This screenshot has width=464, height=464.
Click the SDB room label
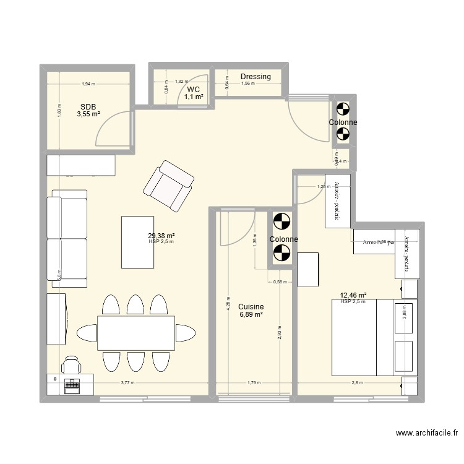[x=88, y=106]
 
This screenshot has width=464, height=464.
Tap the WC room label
[x=194, y=90]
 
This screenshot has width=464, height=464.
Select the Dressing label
[x=256, y=77]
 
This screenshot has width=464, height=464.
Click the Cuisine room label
[x=251, y=306]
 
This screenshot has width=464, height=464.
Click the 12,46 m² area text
[x=353, y=296]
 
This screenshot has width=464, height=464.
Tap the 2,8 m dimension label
[x=358, y=382]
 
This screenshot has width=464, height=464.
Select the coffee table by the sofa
[x=137, y=242]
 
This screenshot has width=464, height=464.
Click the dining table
[x=136, y=333]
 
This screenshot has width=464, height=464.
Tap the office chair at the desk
[x=71, y=365]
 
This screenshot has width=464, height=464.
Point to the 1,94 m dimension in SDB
[x=88, y=84]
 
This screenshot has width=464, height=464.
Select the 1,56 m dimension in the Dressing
[x=247, y=84]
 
